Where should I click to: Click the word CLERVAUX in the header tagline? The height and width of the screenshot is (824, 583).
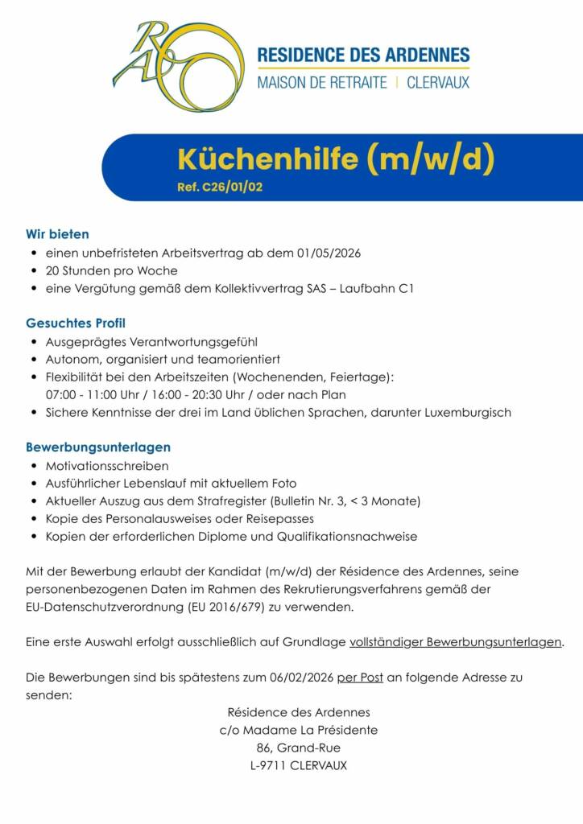438,82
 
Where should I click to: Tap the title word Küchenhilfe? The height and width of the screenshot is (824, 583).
267,160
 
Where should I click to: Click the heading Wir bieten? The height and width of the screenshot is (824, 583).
57,234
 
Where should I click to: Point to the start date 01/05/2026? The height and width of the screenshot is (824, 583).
329,253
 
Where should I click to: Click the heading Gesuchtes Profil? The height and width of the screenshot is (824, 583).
76,323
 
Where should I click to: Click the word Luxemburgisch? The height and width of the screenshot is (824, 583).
468,412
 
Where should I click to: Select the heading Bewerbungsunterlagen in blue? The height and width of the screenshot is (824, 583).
98,447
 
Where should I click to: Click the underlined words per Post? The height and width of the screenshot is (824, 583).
360,678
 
